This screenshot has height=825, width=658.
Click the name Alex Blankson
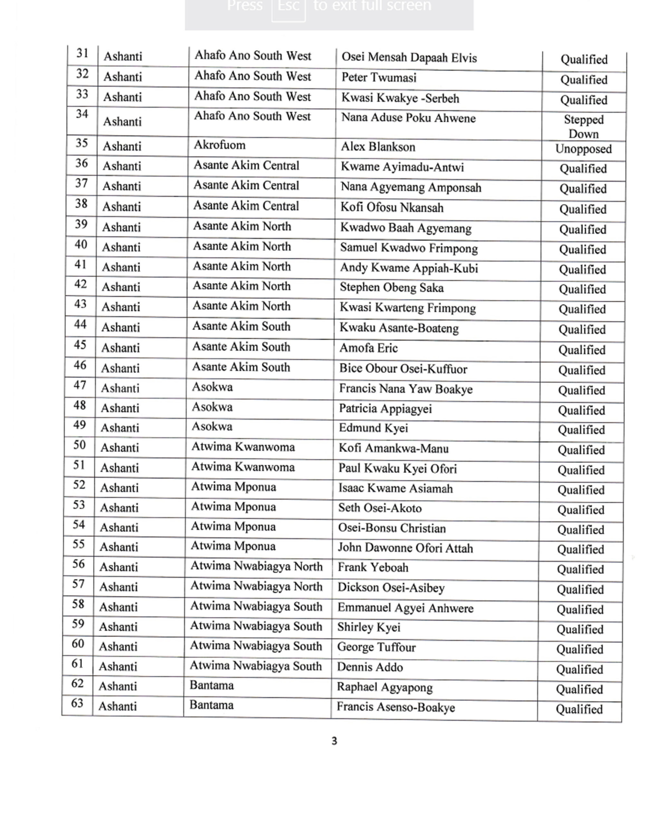click(377, 147)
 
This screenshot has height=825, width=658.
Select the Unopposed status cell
click(583, 149)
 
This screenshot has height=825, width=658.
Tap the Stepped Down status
click(584, 127)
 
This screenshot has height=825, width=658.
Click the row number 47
click(80, 385)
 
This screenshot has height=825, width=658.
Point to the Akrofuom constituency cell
click(219, 145)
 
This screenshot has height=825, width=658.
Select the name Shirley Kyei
click(368, 627)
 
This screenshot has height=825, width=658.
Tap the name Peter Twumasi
click(378, 78)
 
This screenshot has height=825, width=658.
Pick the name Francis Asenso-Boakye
click(396, 707)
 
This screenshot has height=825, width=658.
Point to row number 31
click(82, 53)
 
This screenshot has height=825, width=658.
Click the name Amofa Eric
click(368, 348)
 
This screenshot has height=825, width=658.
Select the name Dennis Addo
click(370, 667)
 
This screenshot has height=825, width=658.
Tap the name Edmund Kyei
click(373, 428)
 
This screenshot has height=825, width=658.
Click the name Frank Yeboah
click(373, 568)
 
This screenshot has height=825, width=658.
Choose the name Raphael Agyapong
click(384, 687)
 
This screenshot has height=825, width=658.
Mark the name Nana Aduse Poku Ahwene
click(408, 118)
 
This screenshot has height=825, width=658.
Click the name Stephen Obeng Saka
click(392, 288)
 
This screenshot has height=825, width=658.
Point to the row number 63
click(77, 703)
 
